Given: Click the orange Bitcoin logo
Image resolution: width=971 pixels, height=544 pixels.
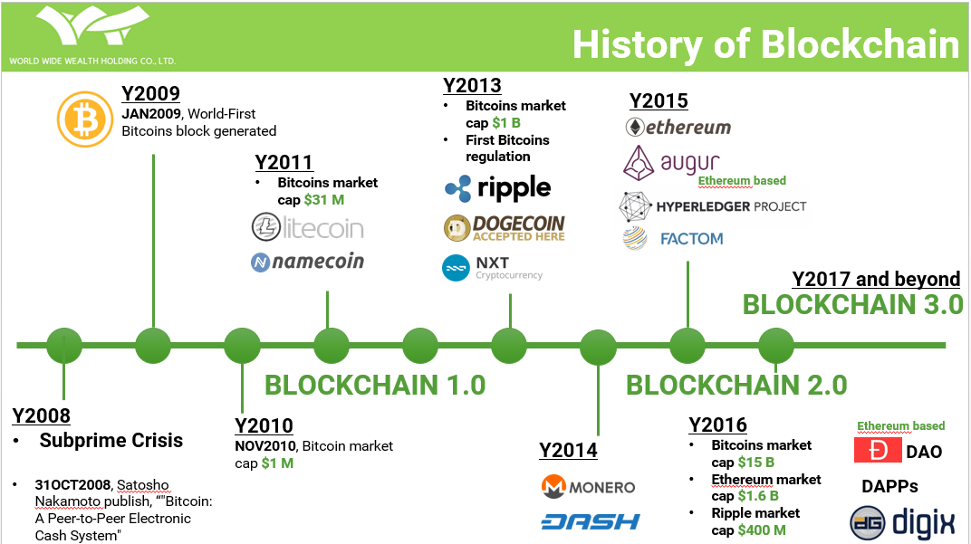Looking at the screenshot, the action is point(85,119).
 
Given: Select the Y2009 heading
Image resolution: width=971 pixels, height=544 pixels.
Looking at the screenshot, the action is point(150,93).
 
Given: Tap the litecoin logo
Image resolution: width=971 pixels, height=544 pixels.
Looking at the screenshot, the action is point(307,228).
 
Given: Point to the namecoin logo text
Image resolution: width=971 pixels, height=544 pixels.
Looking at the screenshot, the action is point(318,262).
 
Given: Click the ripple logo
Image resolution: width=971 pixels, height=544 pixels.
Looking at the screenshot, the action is point(498,188).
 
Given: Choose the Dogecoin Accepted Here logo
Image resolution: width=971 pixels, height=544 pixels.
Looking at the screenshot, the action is point(505,228).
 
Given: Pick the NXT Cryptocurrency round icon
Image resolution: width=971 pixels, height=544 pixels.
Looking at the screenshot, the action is point(456,269).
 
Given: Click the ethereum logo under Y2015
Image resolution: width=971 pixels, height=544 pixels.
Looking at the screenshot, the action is point(678,127).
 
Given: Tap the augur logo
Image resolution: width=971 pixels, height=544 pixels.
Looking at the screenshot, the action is point(671,163).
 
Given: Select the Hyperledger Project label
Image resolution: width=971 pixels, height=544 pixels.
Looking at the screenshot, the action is point(731,206).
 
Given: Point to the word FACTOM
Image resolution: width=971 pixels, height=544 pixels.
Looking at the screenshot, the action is point(692,239).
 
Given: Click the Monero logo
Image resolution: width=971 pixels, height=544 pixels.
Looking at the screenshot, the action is point(588,487).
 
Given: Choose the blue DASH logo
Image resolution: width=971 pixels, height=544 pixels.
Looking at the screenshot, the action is point(591,521).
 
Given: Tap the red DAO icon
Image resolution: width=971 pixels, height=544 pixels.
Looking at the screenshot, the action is point(878,450).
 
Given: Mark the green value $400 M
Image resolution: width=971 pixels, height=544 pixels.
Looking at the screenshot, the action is point(762,530).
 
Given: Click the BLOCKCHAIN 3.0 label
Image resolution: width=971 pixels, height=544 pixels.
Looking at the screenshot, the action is point(852,304).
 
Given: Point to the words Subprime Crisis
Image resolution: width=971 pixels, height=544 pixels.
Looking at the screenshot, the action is point(111,440).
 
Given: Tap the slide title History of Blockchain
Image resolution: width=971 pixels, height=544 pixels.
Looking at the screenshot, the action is point(766,44).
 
